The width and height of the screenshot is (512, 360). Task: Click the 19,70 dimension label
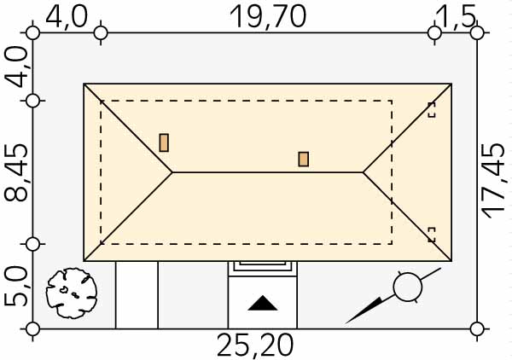coord(268,17)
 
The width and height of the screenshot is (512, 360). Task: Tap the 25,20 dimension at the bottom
coord(255,345)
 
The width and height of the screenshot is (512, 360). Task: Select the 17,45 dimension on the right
coord(494,182)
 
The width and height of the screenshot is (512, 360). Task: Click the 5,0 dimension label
coord(16,287)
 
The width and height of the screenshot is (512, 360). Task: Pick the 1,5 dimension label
coord(456,17)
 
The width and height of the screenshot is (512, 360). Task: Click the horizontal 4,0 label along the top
coord(67,17)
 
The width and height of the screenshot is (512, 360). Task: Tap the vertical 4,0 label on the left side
coord(16,67)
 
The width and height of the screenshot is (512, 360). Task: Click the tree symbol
coord(72,293)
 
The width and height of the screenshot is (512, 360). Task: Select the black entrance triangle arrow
coord(263,303)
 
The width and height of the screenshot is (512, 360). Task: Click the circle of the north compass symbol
coord(408,287)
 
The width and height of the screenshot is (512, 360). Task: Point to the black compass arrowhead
coord(364,311)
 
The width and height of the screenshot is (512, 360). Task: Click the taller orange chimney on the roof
coord(164,142)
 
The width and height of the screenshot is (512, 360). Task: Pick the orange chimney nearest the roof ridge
coord(303,160)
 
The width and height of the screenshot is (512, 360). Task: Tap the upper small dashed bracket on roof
coord(432,110)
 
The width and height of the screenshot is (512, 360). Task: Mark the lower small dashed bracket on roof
coord(432,235)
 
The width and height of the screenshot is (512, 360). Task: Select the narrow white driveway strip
coord(137,294)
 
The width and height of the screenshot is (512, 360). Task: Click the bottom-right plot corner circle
coord(477,329)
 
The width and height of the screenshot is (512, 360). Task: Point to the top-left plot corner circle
coord(32,33)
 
